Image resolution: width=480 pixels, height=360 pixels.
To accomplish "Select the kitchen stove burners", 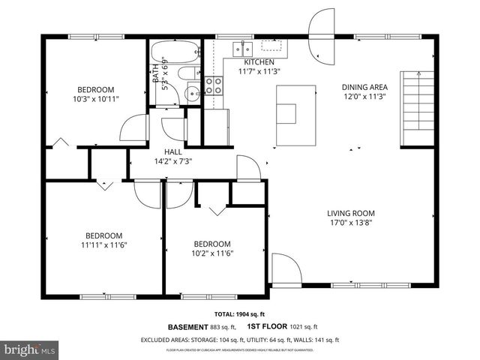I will coord(213,85).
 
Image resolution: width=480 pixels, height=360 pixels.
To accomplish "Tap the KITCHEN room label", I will coord(259,62).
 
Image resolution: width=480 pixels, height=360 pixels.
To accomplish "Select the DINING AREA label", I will coord(364,87).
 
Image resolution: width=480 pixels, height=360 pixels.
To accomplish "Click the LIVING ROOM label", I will coord(350,212).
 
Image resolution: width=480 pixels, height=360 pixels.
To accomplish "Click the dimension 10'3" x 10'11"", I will coord(96,98).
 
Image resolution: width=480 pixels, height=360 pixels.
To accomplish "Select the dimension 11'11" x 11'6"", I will coord(103,244).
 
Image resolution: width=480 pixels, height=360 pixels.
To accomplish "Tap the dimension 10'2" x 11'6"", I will coord(212,253).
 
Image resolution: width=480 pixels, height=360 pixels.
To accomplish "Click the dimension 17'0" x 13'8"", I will coord(350,222).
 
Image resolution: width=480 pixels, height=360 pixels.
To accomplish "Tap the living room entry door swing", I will coord(285,268).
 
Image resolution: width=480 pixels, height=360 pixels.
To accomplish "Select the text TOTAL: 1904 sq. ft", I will coord(245,314).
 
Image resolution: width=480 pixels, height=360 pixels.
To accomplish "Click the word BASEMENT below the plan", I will coord(187,327).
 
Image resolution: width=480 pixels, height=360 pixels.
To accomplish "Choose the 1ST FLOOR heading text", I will coord(264,327).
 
